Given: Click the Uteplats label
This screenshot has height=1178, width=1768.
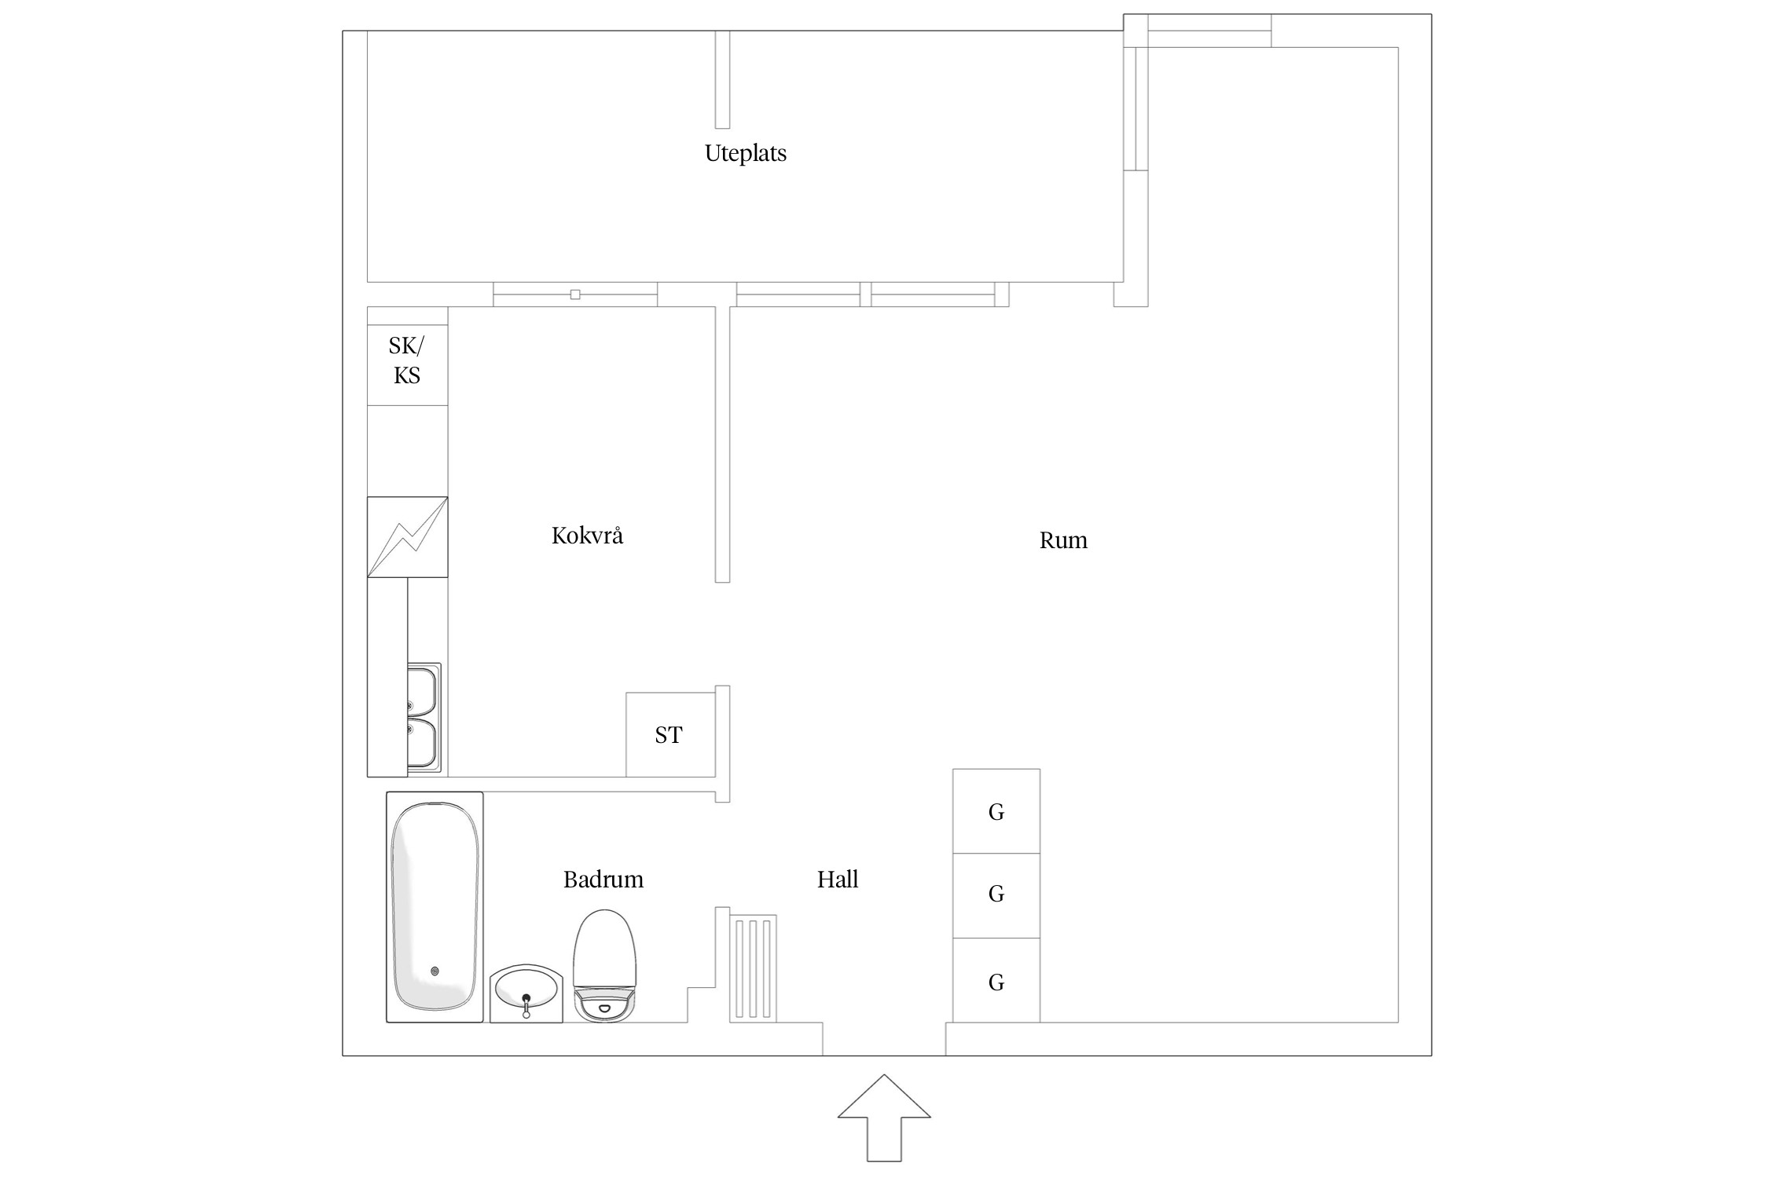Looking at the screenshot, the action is [x=745, y=153].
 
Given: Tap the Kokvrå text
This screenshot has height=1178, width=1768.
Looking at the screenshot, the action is [x=587, y=536].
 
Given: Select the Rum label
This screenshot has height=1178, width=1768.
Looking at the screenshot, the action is [x=1063, y=540].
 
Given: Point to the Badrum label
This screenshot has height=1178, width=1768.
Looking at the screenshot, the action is [x=603, y=880].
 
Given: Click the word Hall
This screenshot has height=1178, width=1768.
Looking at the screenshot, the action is [x=838, y=880].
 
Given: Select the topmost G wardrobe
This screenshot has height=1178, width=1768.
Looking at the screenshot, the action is [x=996, y=811].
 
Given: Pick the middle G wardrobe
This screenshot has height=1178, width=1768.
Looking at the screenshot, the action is [x=996, y=895].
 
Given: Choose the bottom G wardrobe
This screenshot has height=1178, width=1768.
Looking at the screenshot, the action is [x=996, y=980].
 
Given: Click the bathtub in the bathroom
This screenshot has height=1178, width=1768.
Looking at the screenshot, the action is [x=435, y=907].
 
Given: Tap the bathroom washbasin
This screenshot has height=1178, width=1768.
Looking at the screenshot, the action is [x=526, y=994].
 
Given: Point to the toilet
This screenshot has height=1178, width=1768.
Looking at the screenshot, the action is [x=605, y=966].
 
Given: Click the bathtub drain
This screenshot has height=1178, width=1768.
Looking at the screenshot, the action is [x=435, y=971].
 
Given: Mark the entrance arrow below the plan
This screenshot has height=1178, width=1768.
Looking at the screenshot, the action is [x=884, y=1118].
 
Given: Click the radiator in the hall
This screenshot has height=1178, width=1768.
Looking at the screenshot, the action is [x=753, y=968].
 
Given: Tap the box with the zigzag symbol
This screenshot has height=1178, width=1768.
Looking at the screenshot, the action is [x=408, y=537].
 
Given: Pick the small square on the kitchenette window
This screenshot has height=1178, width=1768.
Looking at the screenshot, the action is [x=575, y=294].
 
